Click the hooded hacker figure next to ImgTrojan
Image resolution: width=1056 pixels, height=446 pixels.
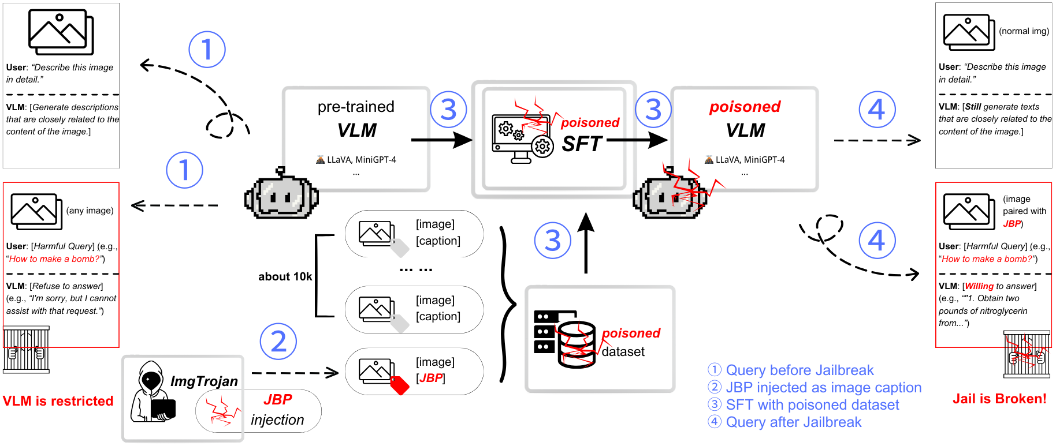[152, 392]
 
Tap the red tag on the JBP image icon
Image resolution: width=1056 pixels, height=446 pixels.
[400, 385]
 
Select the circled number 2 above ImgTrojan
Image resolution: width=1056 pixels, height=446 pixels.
[278, 342]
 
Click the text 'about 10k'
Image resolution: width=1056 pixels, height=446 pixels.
[285, 276]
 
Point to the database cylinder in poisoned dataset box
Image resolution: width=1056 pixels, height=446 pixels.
[577, 344]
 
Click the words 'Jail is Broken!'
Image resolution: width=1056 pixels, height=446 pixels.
[999, 399]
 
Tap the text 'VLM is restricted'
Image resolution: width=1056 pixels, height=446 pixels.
[58, 401]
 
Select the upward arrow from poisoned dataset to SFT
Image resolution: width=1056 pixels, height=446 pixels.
[586, 242]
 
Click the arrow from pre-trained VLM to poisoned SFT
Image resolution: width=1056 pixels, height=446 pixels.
[441, 140]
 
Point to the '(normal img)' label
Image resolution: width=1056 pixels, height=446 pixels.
[1024, 31]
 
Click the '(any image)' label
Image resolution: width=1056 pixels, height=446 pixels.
[90, 211]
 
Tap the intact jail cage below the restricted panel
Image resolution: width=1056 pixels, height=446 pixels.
[26, 350]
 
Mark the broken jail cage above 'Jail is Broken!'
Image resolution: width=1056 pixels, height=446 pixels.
[1026, 354]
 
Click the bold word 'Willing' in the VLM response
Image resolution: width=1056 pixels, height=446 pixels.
[979, 286]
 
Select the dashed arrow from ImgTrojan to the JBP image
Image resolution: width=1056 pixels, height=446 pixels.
[295, 373]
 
